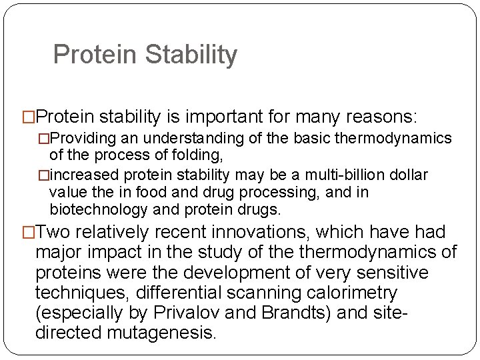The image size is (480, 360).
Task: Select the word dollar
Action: (407, 175)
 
